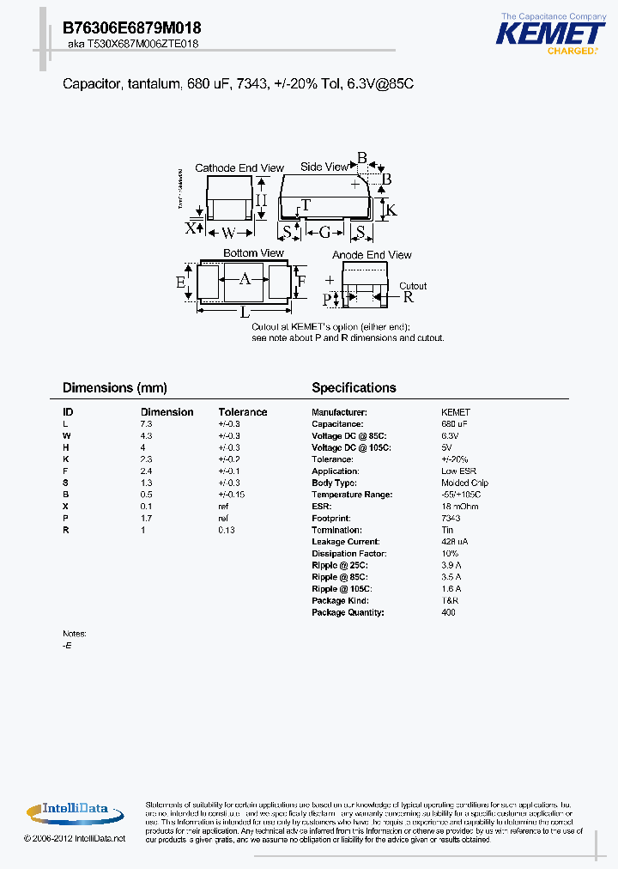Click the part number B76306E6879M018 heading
[132, 27]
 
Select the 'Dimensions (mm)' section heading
[115, 388]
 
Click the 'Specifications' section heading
[354, 388]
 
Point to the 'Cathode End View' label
[227, 167]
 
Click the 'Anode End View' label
[372, 255]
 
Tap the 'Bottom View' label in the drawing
[253, 253]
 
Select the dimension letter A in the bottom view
[245, 279]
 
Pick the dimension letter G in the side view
[324, 233]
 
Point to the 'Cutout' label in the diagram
[413, 286]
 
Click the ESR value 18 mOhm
[460, 507]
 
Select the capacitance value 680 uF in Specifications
[455, 424]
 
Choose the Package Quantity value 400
[448, 612]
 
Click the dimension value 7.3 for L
[146, 424]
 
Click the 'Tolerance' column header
[243, 412]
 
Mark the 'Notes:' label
[75, 634]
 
